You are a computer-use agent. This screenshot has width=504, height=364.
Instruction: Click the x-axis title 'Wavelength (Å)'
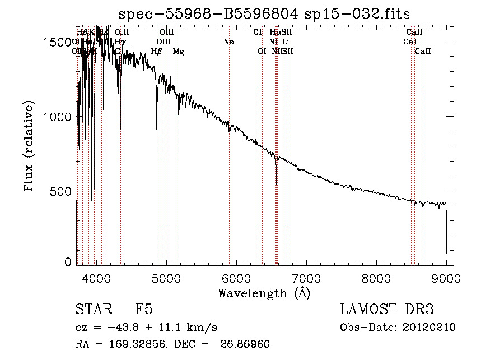(264, 293)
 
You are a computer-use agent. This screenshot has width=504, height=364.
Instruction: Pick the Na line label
(228, 42)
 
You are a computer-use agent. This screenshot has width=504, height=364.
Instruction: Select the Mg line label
(179, 52)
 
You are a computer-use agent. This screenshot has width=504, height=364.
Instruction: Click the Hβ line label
(157, 52)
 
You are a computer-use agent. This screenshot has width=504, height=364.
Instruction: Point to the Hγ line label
(120, 42)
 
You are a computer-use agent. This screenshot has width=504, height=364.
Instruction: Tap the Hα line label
(275, 32)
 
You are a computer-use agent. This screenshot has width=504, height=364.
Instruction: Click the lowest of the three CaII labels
(423, 52)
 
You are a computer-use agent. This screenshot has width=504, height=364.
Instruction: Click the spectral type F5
(144, 310)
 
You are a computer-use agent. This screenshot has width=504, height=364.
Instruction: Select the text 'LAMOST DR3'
(386, 310)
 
